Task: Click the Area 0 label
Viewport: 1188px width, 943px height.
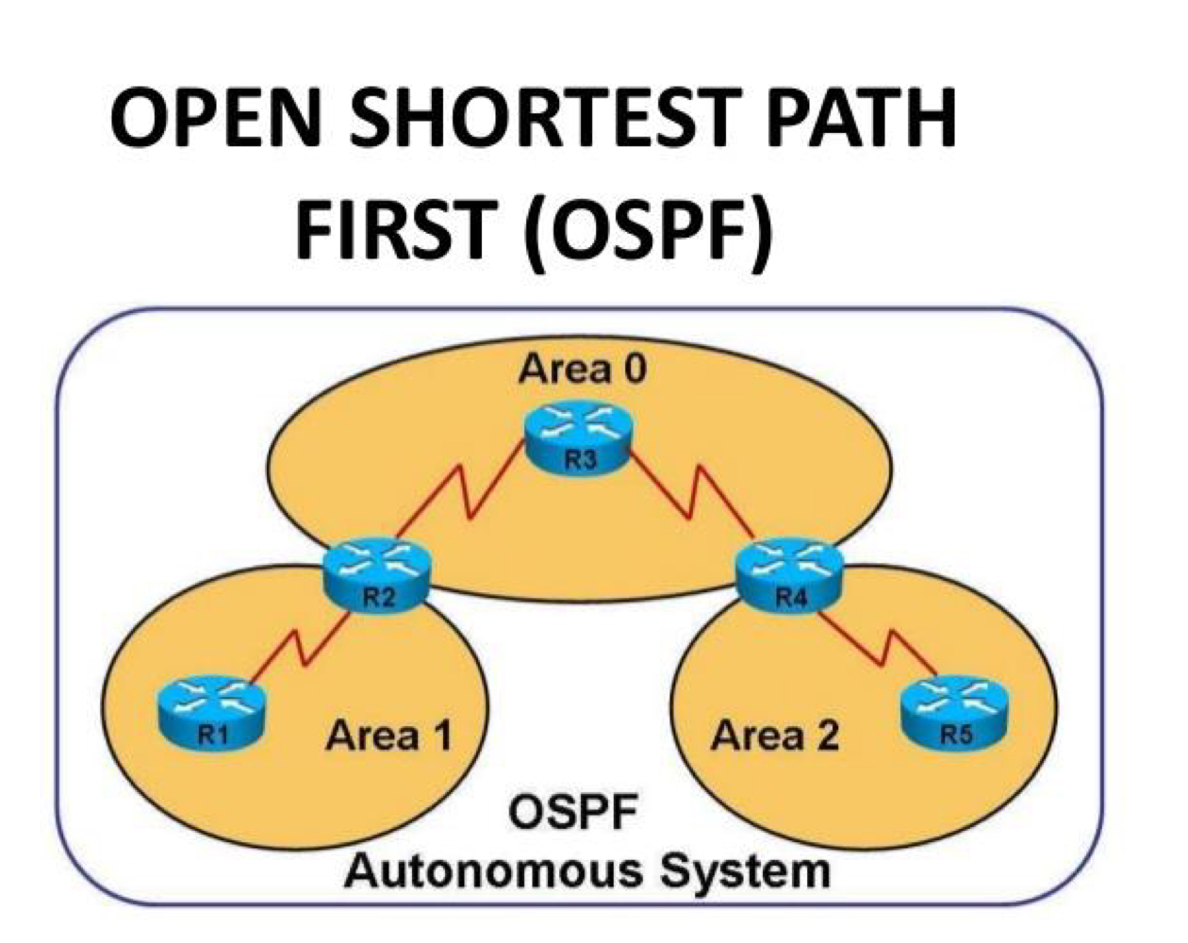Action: click(x=582, y=369)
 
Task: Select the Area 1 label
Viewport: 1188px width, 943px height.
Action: click(x=388, y=736)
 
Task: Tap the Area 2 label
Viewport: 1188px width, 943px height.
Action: click(x=775, y=736)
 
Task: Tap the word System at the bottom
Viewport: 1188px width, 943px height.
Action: click(x=744, y=870)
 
